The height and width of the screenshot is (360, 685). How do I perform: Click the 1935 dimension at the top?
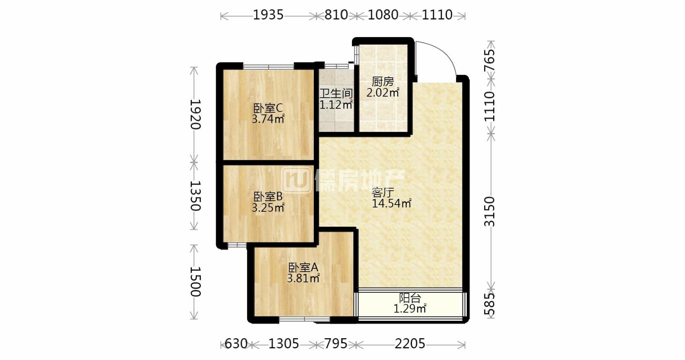[x=268, y=15]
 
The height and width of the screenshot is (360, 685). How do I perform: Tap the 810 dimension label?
[x=336, y=15]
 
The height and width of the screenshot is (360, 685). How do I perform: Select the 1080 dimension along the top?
[x=383, y=15]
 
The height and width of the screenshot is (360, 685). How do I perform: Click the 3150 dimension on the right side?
[x=490, y=211]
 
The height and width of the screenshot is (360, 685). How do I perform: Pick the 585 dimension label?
[x=490, y=304]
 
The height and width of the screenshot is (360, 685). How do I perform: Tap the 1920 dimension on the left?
[x=195, y=114]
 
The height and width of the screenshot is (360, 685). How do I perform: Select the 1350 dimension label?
[x=195, y=196]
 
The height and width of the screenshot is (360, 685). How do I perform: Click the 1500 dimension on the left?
[x=195, y=282]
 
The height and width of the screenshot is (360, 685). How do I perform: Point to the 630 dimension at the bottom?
[x=236, y=344]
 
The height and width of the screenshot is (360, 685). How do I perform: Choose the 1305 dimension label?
[x=283, y=344]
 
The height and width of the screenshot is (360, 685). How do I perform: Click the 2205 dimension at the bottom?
[x=410, y=344]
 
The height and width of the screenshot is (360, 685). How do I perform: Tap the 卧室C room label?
[x=268, y=108]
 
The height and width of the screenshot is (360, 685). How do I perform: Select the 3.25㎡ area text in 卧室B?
[x=268, y=207]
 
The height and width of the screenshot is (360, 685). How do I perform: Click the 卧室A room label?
[x=303, y=267]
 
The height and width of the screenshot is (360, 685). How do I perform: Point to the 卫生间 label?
[x=336, y=94]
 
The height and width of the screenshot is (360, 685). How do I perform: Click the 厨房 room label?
[x=383, y=82]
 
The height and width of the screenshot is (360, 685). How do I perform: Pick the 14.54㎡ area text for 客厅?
[x=392, y=204]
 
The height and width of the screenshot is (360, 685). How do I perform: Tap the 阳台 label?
[x=410, y=298]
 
